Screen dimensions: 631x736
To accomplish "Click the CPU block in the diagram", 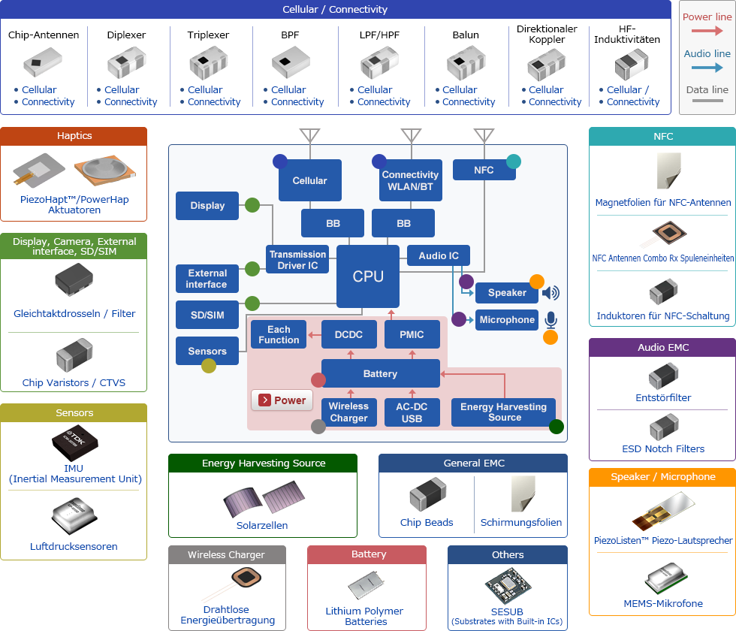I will pyautogui.click(x=368, y=276).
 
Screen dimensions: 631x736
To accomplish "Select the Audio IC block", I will pyautogui.click(x=439, y=255).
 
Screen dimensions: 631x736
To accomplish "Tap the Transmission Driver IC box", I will pyautogui.click(x=297, y=259).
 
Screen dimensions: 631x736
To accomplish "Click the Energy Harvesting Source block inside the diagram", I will pyautogui.click(x=504, y=412).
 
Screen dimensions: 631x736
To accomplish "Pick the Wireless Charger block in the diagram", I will pyautogui.click(x=348, y=412).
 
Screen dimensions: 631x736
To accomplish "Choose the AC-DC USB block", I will pyautogui.click(x=412, y=412).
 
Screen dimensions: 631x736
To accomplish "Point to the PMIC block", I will pyautogui.click(x=412, y=334).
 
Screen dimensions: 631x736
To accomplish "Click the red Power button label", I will pyautogui.click(x=282, y=400).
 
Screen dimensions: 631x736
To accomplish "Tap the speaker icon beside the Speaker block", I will pyautogui.click(x=550, y=293).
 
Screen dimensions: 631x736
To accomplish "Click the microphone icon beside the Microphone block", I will pyautogui.click(x=550, y=320).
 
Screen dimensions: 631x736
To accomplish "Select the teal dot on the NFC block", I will pyautogui.click(x=514, y=161).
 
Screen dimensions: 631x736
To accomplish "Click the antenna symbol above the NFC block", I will pyautogui.click(x=484, y=136).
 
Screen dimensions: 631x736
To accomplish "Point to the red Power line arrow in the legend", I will pyautogui.click(x=707, y=31).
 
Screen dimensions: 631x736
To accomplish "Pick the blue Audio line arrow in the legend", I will pyautogui.click(x=707, y=68).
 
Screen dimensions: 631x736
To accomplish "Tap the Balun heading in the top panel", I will pyautogui.click(x=466, y=35).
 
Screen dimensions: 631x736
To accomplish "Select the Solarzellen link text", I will pyautogui.click(x=262, y=525).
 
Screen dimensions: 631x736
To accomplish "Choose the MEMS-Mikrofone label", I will pyautogui.click(x=663, y=603).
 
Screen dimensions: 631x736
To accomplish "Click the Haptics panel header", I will pyautogui.click(x=74, y=136).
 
